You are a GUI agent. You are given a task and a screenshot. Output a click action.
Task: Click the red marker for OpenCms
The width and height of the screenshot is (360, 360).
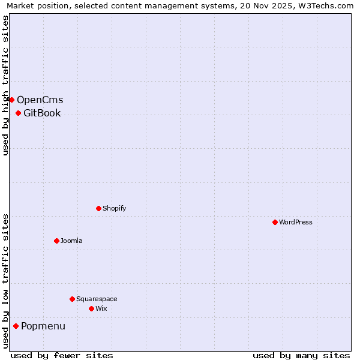pos(11,100)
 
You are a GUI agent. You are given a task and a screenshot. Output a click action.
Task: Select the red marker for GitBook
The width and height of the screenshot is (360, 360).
pos(18,113)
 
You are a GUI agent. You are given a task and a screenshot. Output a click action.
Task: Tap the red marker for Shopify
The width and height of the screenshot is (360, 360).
pos(98,208)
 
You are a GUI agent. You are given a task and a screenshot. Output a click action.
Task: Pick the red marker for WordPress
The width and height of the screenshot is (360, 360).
pos(275,222)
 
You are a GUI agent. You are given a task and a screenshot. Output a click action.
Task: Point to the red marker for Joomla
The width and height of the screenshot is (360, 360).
pos(56,241)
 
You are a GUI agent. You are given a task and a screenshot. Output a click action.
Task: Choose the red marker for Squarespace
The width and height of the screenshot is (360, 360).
pos(72,299)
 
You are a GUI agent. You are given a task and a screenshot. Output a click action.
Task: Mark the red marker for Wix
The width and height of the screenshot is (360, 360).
pos(91,308)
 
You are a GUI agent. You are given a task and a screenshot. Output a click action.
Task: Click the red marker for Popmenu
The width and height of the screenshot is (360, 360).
pos(16,326)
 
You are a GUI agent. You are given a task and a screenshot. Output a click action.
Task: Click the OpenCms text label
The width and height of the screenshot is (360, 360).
pos(40,100)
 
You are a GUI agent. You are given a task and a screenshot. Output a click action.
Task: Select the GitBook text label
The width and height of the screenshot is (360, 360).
pos(42,113)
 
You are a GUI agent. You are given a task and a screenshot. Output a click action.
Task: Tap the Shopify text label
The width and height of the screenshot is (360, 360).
pos(114,209)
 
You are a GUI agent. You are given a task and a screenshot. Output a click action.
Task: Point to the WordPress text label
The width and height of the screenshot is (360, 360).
pos(295,223)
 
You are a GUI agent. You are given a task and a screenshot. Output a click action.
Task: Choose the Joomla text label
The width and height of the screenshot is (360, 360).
pos(71,241)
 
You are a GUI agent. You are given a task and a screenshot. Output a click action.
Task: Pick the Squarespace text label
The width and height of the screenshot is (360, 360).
pos(97,299)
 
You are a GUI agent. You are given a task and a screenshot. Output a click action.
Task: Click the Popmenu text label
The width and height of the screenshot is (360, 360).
pos(43,326)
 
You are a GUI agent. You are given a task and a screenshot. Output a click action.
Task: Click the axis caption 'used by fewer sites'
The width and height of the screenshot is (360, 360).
pos(62,355)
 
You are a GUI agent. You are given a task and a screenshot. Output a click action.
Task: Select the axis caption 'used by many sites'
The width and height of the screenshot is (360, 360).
pos(301,355)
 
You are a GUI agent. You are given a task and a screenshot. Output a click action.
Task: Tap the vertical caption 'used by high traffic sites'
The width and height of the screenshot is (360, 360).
pos(5,85)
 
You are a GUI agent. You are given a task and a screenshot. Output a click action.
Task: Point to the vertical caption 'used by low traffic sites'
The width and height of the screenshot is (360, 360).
pos(5,281)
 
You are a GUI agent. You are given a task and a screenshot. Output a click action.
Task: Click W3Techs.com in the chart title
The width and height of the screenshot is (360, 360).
pos(325,5)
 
